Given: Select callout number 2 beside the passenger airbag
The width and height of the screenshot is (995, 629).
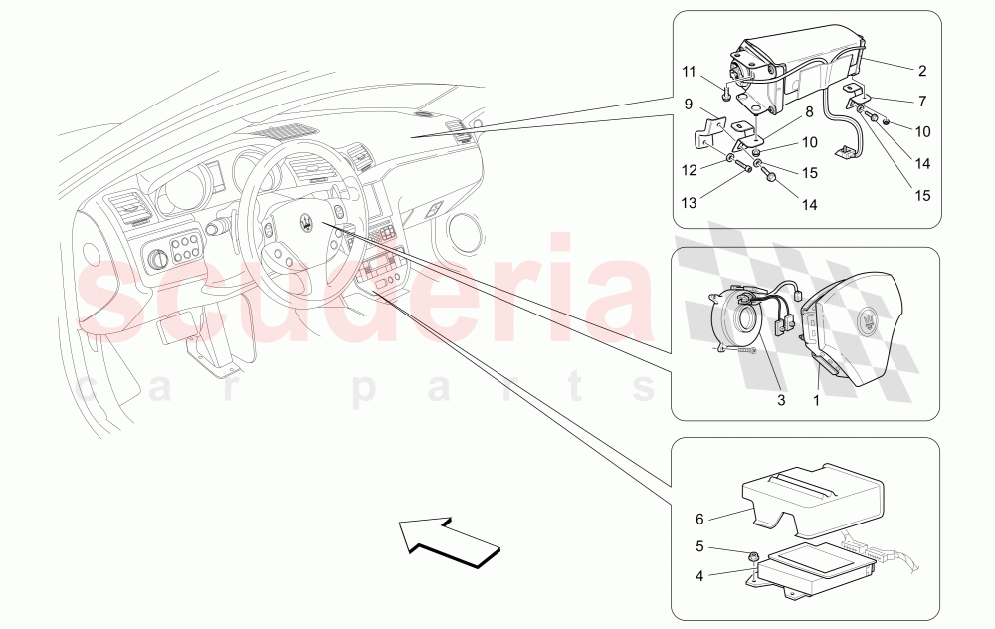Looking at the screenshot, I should pos(921,71).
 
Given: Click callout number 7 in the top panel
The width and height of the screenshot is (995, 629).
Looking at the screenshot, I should pos(921,101).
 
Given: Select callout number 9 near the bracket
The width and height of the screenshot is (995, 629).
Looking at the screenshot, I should pos(687,103).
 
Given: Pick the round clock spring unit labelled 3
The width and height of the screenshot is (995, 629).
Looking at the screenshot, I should pos(741,319).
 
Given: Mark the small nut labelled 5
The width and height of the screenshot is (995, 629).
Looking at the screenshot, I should pos(757,555).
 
